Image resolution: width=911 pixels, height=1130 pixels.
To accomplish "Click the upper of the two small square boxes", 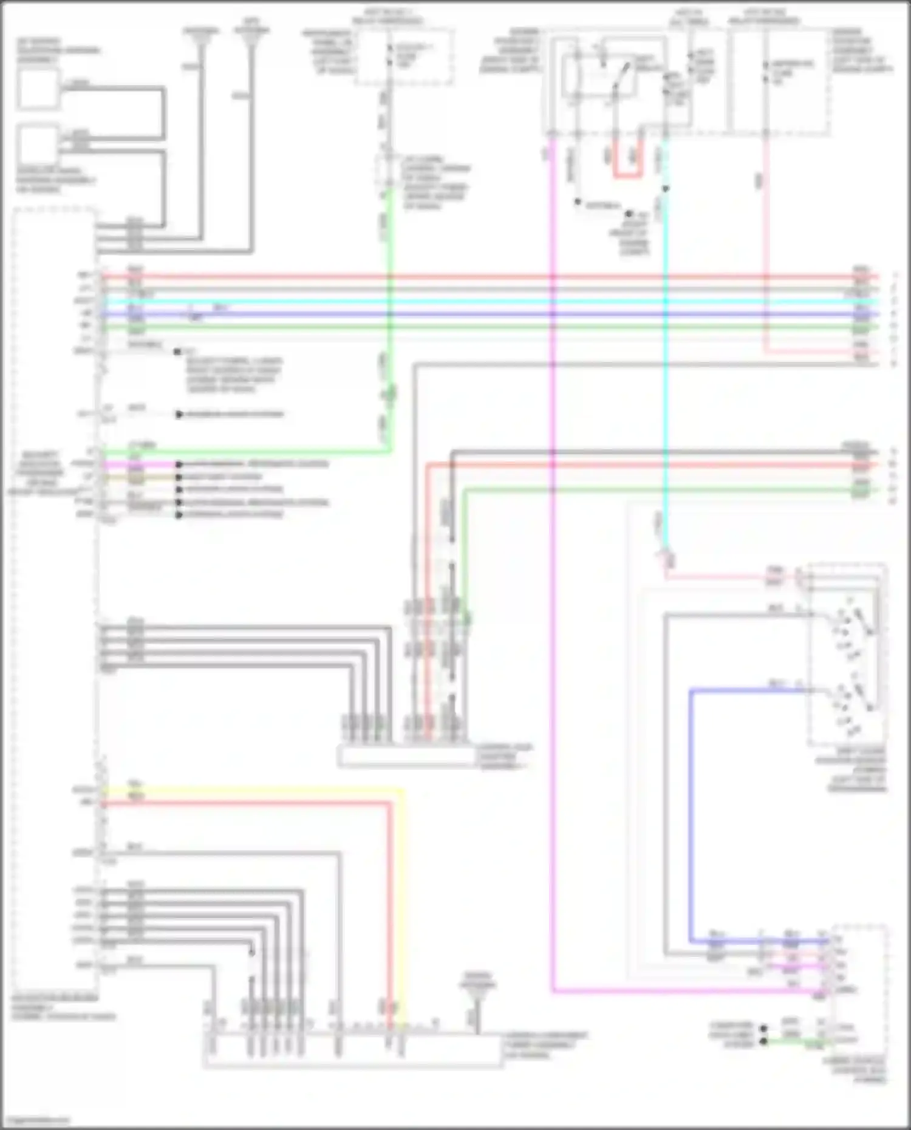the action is [x=38, y=89].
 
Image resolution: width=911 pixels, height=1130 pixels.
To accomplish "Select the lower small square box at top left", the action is [x=38, y=145].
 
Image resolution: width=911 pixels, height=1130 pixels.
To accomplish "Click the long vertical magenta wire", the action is [x=553, y=607].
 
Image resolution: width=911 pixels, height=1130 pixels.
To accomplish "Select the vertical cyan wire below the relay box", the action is [x=666, y=364].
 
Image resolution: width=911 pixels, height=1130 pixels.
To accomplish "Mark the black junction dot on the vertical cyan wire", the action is [x=666, y=189].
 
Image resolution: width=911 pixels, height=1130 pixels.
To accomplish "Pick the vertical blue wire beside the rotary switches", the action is [x=691, y=814].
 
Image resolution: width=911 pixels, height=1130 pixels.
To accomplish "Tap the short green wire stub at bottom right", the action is [x=796, y=1042].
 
